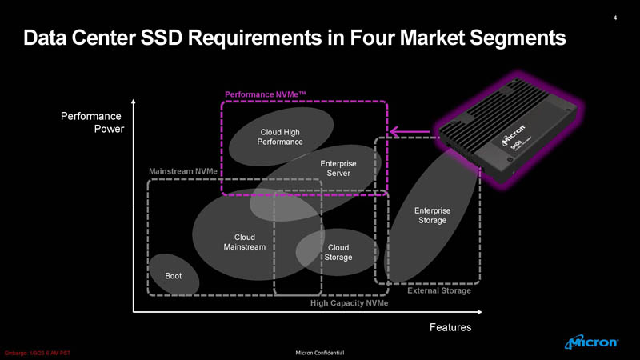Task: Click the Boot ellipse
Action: [173, 275]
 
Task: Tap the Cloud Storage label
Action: [338, 252]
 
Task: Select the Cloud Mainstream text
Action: [245, 242]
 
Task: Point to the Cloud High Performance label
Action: [280, 137]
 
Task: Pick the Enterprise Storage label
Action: [432, 215]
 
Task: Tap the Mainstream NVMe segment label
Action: [182, 172]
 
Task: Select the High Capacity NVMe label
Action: [349, 303]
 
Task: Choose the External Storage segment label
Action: [439, 290]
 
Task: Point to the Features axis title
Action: [450, 327]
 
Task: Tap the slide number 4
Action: [614, 18]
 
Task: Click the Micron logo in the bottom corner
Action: [591, 342]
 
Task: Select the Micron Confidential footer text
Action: [319, 353]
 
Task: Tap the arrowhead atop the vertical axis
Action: [133, 101]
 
